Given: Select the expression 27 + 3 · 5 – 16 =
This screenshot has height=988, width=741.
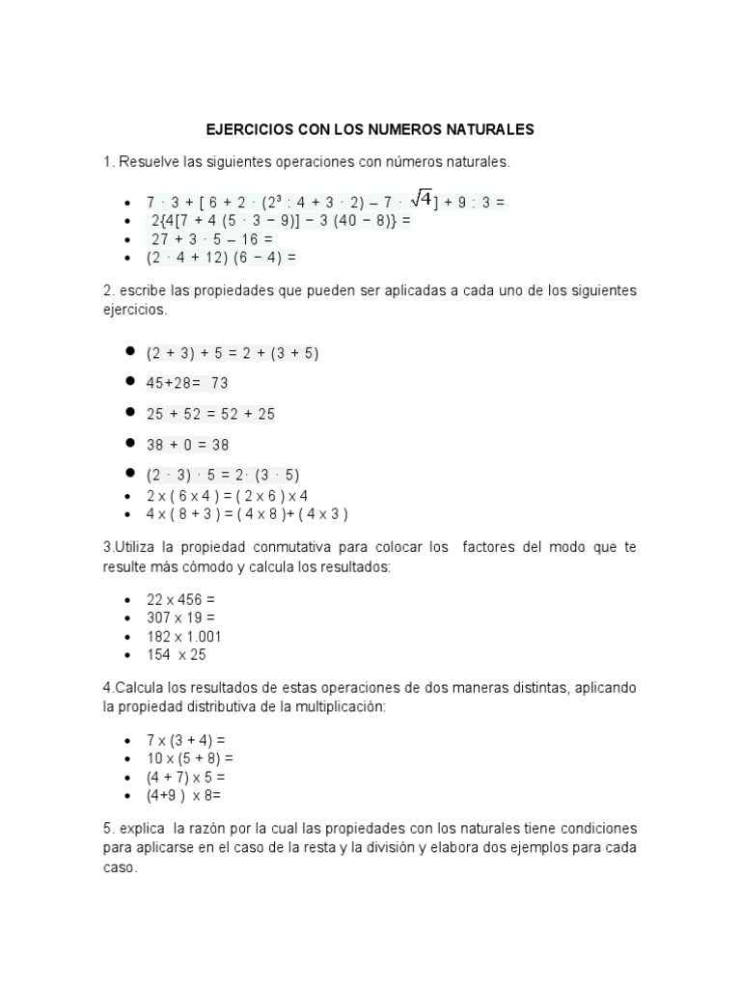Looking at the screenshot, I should click(x=212, y=239).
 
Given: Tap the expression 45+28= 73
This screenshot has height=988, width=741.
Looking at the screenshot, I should click(x=187, y=383).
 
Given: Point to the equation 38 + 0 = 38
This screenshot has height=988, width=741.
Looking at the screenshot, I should click(x=187, y=445).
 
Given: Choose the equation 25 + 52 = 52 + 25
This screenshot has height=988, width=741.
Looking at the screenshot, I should click(x=210, y=414).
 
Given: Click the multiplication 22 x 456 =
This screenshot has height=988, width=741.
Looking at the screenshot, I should click(x=180, y=599).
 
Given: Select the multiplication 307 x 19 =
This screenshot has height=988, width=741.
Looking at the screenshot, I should click(x=180, y=617).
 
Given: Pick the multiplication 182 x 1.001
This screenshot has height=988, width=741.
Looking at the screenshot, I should click(x=185, y=636).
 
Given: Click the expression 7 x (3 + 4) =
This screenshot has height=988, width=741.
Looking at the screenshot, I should click(x=187, y=740).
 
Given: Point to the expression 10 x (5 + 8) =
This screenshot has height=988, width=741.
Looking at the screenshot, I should click(x=190, y=758).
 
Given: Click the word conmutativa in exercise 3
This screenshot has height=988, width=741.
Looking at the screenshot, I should click(x=293, y=548).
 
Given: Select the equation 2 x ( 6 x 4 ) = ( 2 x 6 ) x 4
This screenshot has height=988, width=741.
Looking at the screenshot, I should click(x=227, y=495).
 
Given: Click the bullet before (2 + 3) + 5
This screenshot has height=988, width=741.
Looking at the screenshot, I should click(x=128, y=352).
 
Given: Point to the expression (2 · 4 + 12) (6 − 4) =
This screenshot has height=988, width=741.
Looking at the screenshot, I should click(x=221, y=258).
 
